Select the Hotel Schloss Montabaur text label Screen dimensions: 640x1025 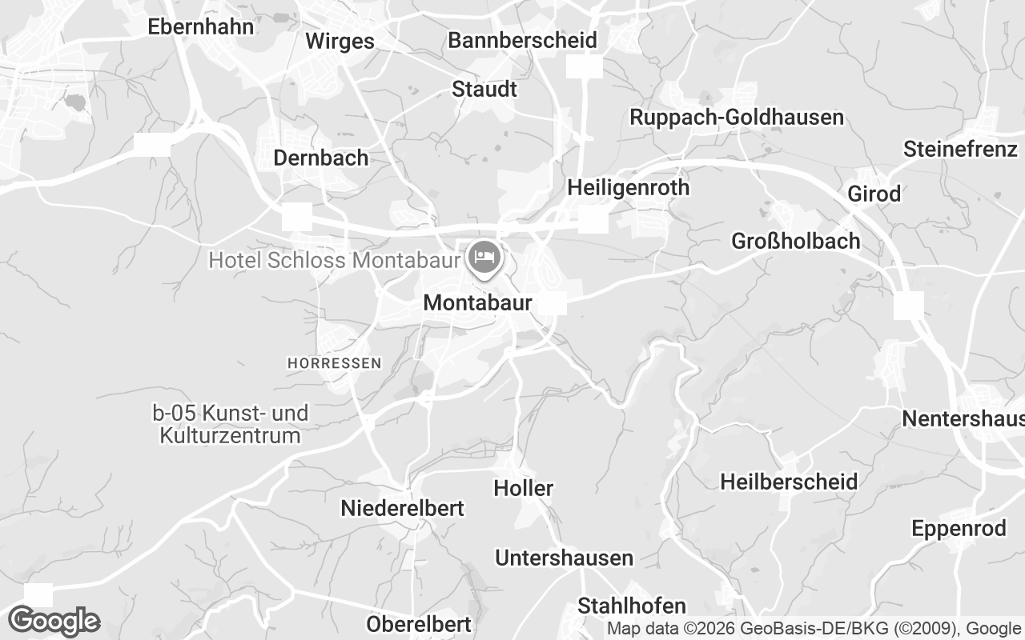point(334,260)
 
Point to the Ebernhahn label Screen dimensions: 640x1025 point(201,26)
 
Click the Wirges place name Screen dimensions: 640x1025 point(340,42)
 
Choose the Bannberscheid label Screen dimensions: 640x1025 point(522,40)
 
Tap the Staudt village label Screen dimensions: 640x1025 point(484,89)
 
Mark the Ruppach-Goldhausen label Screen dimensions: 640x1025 point(737,118)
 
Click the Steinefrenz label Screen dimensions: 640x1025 point(960,149)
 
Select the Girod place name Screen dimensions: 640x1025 point(875,194)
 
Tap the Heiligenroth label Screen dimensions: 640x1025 point(628,188)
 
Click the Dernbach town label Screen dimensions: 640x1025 point(321,158)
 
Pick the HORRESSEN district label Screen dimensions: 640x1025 point(334,363)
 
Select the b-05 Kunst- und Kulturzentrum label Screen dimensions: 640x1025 point(231,425)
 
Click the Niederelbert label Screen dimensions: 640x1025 point(402,508)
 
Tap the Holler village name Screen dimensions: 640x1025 point(524,488)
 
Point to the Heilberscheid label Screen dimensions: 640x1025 point(789,482)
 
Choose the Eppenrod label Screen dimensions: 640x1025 point(959,529)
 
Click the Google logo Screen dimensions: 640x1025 point(54,621)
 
